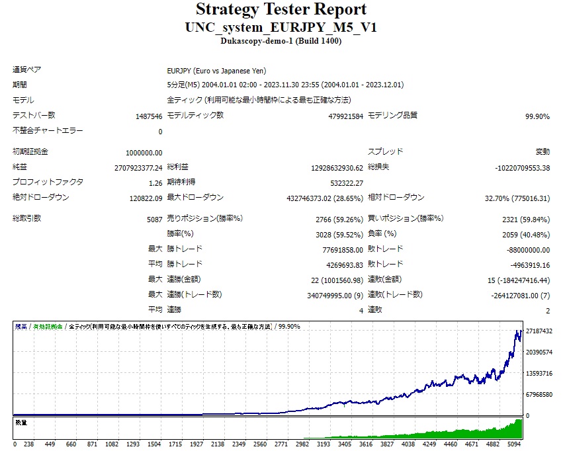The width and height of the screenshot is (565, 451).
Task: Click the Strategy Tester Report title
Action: (x=281, y=10)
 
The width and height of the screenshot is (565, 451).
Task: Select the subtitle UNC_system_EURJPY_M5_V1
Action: (x=281, y=27)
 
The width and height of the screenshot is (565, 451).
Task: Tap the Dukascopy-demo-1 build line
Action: (x=281, y=40)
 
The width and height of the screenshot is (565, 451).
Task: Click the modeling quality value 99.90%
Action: (x=537, y=116)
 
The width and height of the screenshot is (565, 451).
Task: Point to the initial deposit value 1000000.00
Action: (x=144, y=152)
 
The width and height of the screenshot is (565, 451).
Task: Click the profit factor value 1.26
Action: (x=155, y=183)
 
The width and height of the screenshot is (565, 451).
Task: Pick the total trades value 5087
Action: (x=154, y=218)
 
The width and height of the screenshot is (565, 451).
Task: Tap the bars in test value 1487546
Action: (x=148, y=116)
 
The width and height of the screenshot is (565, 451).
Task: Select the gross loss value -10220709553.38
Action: (x=522, y=167)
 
